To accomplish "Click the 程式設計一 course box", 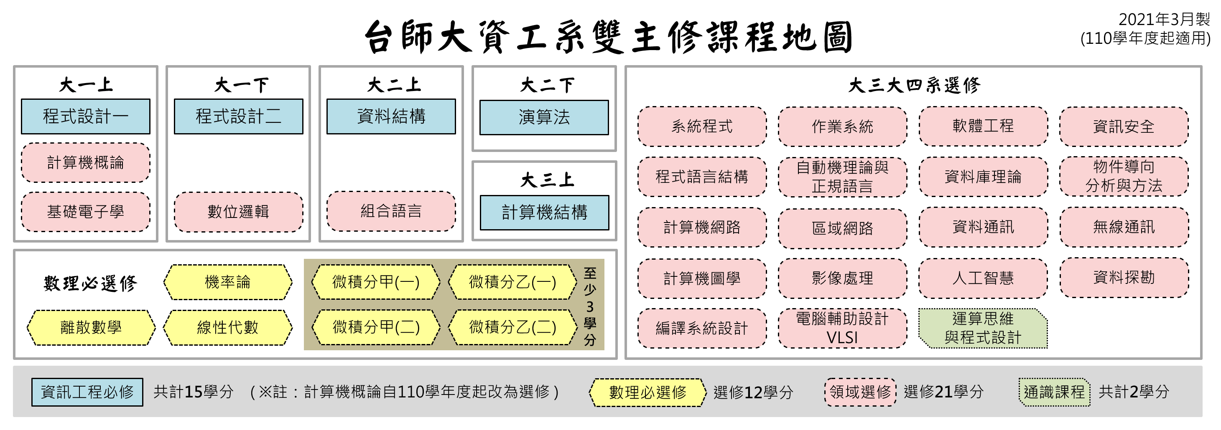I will point(85,116).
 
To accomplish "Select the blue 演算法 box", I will point(544,117).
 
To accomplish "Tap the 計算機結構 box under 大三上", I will point(544,212).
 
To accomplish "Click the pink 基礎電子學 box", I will point(85,212).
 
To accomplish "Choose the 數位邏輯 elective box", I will point(238,212).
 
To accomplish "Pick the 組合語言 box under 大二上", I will point(391,211).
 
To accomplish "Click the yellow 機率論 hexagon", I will point(227,282).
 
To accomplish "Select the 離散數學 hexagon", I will point(91,327).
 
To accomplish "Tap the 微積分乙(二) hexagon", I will point(512,327).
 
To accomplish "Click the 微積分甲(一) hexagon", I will point(376,282).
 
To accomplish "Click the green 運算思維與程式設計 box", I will point(983,328).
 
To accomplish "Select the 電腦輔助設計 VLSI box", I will point(842,328).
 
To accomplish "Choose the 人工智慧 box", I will point(983,278).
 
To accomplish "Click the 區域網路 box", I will point(842,228).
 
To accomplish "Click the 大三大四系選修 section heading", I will point(913,86).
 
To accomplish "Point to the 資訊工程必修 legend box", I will point(87,392).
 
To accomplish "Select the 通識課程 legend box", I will point(1054,392).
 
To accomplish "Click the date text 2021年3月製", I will point(1164,20).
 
